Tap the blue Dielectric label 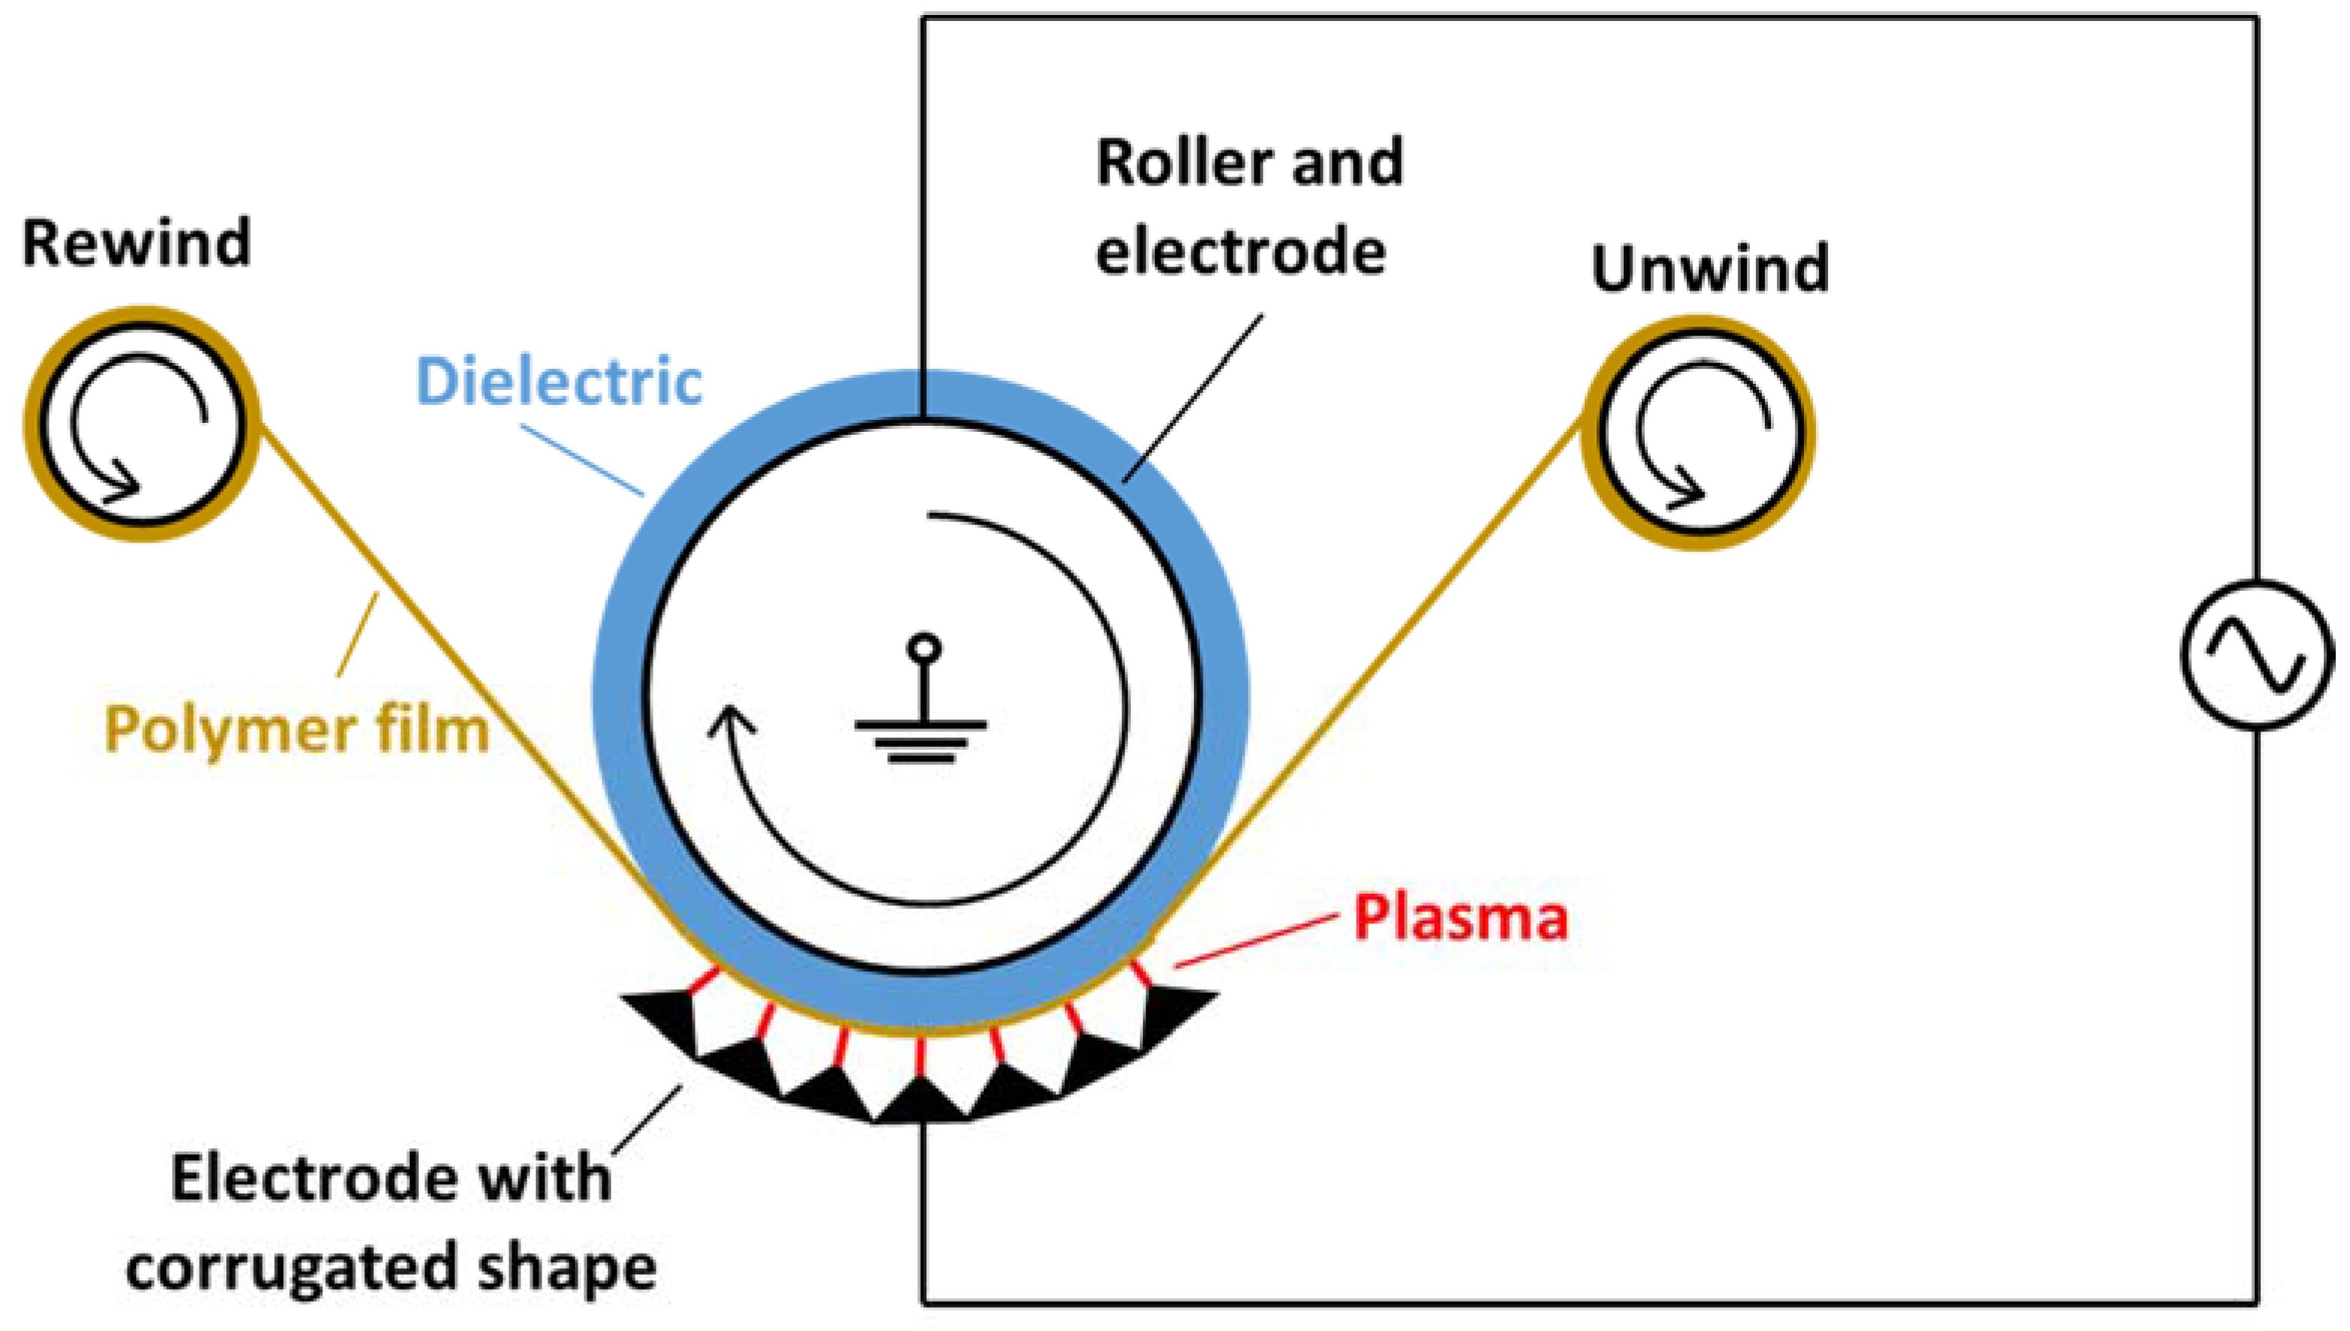pos(559,382)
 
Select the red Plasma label pos(1461,917)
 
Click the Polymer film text pos(297,730)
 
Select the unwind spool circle pos(1698,433)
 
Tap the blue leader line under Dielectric pos(581,460)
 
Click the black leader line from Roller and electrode pos(1193,397)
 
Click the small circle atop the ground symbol pos(923,647)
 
